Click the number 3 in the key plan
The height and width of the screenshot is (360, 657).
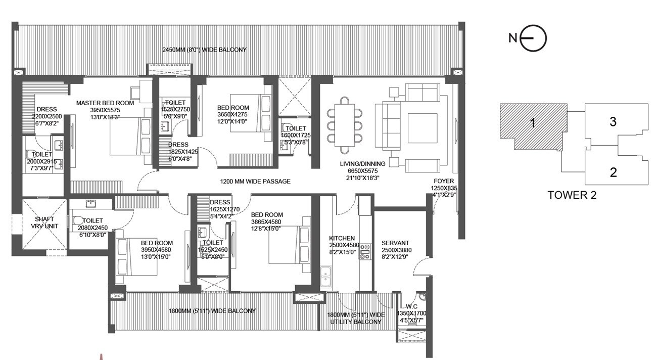pos(613,121)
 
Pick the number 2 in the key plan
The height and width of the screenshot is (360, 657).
pos(613,172)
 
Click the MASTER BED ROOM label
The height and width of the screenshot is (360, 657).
pos(105,103)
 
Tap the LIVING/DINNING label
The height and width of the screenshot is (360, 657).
pos(362,164)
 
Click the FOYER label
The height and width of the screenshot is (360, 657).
pos(443,181)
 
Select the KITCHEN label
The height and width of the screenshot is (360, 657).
pos(342,238)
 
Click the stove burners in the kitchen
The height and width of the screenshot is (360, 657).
pos(365,251)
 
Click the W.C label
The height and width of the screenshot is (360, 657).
pos(412,306)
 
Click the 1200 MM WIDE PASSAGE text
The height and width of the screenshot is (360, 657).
pos(255,182)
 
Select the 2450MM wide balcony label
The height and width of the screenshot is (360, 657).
pos(204,50)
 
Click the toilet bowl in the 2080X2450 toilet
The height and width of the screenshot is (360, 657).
pos(78,221)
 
